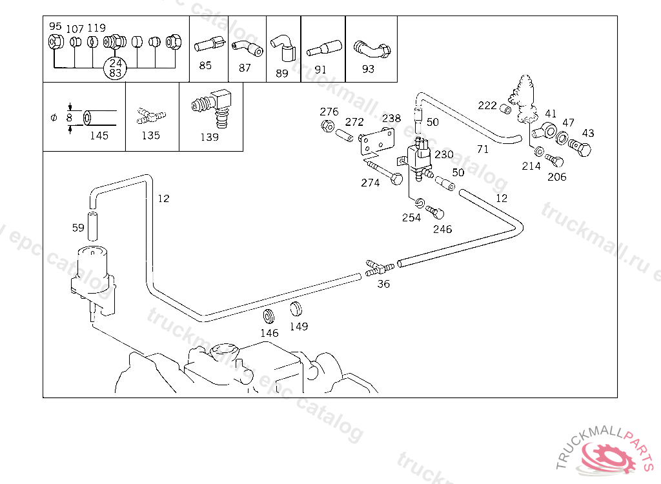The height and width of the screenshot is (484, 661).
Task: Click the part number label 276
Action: click(329, 112)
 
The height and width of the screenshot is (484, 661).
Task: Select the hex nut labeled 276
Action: click(327, 125)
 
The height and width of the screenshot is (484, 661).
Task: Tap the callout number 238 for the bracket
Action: click(391, 119)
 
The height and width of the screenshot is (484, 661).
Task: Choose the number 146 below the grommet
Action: click(269, 333)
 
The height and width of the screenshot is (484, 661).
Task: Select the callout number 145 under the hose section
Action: click(99, 136)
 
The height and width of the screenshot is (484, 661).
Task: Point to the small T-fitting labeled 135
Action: click(151, 117)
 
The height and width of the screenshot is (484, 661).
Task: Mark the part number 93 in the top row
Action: click(368, 69)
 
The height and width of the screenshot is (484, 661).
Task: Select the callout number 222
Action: click(487, 106)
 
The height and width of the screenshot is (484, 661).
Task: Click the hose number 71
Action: click(482, 149)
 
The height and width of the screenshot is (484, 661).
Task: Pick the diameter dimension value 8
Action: click(69, 118)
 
